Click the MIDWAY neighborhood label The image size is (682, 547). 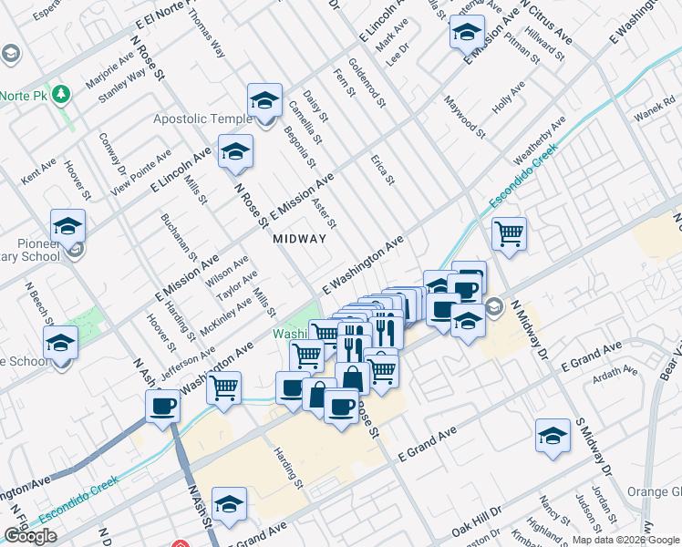pyautogui.click(x=299, y=239)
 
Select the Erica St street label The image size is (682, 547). pyautogui.click(x=382, y=169)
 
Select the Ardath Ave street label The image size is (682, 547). pyautogui.click(x=617, y=372)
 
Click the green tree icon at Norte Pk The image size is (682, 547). pyautogui.click(x=61, y=94)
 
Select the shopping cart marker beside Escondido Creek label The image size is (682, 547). pyautogui.click(x=509, y=232)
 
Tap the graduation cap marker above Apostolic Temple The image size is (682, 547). pyautogui.click(x=264, y=99)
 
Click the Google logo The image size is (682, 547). pyautogui.click(x=30, y=536)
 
